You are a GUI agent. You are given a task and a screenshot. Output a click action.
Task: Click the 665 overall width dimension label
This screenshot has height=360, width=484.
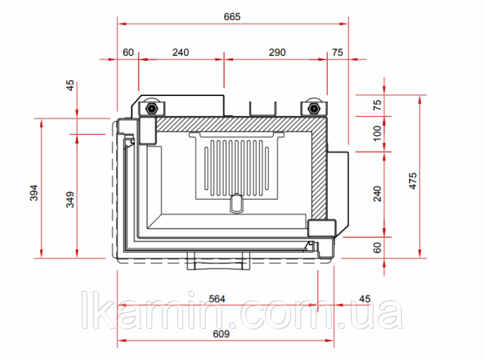click(x=232, y=17)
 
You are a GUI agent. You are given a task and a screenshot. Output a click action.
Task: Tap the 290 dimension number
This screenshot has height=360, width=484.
click(x=277, y=53)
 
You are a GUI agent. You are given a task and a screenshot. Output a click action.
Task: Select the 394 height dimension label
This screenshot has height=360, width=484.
click(x=34, y=193)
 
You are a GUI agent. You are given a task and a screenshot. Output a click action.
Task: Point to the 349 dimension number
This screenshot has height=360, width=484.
click(x=71, y=200)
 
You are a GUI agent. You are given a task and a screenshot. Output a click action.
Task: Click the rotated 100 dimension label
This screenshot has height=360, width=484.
click(x=378, y=133)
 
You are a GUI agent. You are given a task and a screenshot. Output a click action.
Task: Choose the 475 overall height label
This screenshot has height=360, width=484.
click(x=413, y=181)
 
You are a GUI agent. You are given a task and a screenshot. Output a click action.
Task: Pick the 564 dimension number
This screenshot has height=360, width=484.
click(x=217, y=299)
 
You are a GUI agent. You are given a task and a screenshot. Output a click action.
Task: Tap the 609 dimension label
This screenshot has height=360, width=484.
click(x=221, y=334)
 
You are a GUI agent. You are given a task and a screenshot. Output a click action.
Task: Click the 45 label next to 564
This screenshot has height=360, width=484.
click(x=364, y=299)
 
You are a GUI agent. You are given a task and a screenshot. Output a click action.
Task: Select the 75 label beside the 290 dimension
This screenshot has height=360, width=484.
click(x=337, y=53)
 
